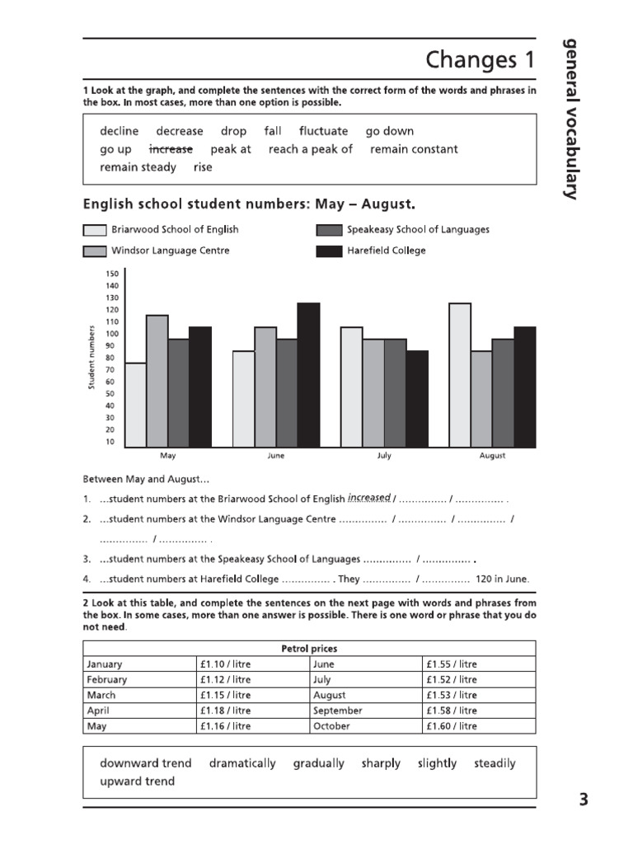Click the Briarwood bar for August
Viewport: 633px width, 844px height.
(460, 375)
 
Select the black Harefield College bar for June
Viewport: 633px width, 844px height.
(308, 375)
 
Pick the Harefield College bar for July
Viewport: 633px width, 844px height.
(417, 399)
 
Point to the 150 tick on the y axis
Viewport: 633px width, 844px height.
(112, 274)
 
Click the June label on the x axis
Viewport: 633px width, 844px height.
(276, 456)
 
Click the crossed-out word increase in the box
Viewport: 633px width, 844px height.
(171, 149)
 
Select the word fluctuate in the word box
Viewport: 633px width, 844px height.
(323, 131)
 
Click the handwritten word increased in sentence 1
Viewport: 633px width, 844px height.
(368, 497)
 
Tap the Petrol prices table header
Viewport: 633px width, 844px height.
(309, 649)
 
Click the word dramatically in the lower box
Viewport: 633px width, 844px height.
(242, 763)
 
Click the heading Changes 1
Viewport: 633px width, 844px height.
(480, 60)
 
